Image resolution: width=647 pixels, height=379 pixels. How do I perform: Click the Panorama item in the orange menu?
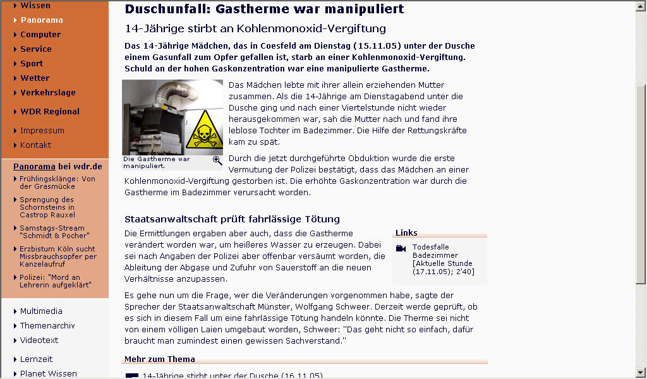point(41,20)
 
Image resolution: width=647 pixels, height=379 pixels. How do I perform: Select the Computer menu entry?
point(40,34)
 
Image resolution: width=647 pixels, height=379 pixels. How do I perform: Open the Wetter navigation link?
point(35,78)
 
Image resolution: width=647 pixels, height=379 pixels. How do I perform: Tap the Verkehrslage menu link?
point(47,92)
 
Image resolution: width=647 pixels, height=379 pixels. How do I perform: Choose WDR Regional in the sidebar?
point(50,111)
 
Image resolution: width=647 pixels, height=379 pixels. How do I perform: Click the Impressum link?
point(42,130)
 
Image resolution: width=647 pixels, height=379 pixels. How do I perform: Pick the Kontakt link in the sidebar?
point(36,145)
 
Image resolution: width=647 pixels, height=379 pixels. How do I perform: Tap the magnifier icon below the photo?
point(217,160)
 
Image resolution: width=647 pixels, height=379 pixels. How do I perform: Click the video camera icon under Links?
point(401,248)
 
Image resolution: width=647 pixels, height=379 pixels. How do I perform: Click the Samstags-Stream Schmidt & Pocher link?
point(51,231)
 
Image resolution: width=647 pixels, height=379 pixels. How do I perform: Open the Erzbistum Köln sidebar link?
point(57,256)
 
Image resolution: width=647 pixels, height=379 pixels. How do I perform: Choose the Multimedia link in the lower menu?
point(41,311)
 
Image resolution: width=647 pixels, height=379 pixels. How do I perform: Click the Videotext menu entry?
point(39,340)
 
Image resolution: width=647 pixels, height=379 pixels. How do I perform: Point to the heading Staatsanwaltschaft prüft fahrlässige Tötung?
point(233,219)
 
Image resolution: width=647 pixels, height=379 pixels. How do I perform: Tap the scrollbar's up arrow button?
point(641,6)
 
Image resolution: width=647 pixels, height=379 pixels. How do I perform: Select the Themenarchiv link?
point(47,325)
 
